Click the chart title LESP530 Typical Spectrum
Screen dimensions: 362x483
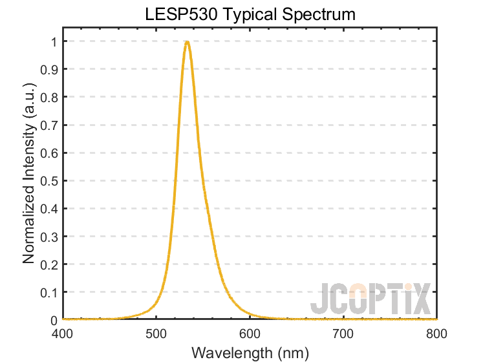(x=250, y=14)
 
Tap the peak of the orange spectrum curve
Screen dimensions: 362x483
(x=186, y=42)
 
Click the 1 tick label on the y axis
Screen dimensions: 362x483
(x=54, y=41)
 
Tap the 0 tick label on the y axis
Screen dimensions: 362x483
(x=54, y=320)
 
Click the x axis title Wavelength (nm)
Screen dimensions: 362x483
(x=250, y=352)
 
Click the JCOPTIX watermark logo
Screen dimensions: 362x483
(x=369, y=299)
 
